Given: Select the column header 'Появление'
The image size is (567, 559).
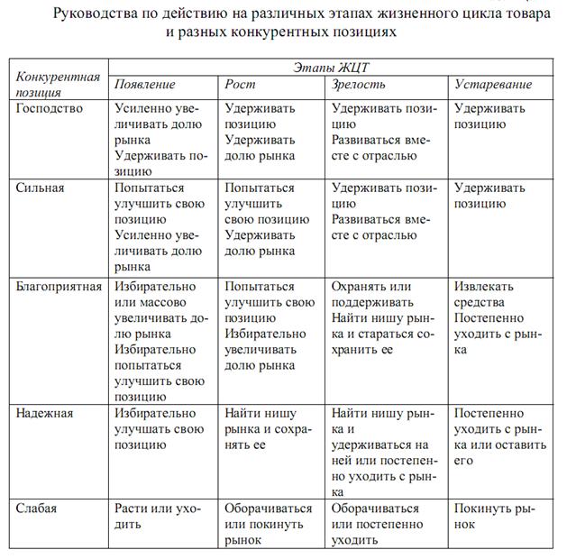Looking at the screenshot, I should coord(144,85).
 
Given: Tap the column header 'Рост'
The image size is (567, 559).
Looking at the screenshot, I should coord(241,85).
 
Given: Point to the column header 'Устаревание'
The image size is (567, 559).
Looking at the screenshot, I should coord(493,85).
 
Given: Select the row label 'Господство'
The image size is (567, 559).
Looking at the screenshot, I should coord(50,109).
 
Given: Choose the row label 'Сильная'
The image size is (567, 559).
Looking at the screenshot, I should coord(41,188).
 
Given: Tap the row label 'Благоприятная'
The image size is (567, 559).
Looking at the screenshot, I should coord(59,286).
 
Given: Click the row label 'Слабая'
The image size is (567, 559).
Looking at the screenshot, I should coord(36,509).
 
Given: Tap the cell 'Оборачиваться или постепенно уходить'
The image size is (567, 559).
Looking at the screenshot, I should coord(377,524).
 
